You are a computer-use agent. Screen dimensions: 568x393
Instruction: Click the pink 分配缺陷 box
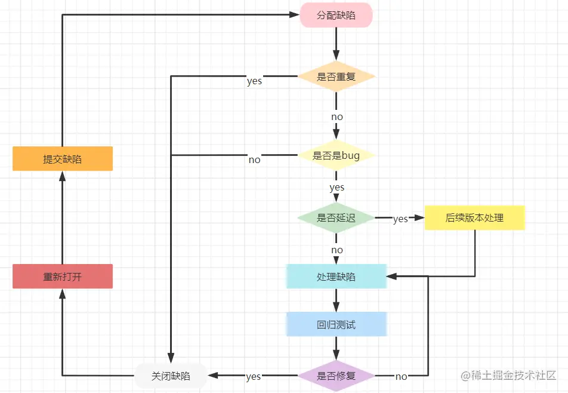pyautogui.click(x=336, y=15)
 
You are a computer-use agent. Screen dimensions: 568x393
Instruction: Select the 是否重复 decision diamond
pyautogui.click(x=336, y=76)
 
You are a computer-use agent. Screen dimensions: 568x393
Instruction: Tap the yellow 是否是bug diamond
pyautogui.click(x=336, y=155)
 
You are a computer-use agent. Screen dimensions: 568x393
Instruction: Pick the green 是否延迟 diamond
pyautogui.click(x=336, y=218)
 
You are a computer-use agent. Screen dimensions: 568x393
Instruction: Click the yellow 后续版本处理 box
pyautogui.click(x=474, y=218)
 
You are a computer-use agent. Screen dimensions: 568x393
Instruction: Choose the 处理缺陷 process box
pyautogui.click(x=336, y=277)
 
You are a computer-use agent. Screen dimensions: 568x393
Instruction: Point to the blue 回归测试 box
pyautogui.click(x=336, y=324)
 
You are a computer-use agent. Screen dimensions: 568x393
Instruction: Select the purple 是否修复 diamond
pyautogui.click(x=336, y=376)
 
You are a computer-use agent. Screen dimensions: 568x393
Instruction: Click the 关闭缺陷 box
pyautogui.click(x=171, y=376)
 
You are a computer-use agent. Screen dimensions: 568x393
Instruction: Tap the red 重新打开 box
pyautogui.click(x=63, y=277)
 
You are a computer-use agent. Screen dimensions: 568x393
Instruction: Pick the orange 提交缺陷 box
pyautogui.click(x=63, y=159)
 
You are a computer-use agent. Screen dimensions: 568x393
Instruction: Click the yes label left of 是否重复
pyautogui.click(x=254, y=81)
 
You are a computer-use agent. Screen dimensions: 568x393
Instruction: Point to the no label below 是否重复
pyautogui.click(x=337, y=116)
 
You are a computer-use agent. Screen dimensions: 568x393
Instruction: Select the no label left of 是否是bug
pyautogui.click(x=254, y=159)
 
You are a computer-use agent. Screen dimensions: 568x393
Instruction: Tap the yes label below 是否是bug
pyautogui.click(x=337, y=188)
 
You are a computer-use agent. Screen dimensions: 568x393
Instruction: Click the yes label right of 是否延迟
pyautogui.click(x=401, y=219)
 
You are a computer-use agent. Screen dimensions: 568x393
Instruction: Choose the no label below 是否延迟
pyautogui.click(x=337, y=250)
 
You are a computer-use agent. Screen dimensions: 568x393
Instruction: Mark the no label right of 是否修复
pyautogui.click(x=402, y=377)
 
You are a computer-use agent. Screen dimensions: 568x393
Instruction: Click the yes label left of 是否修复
pyautogui.click(x=253, y=377)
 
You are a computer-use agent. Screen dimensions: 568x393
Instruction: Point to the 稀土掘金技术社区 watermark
pyautogui.click(x=508, y=375)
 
